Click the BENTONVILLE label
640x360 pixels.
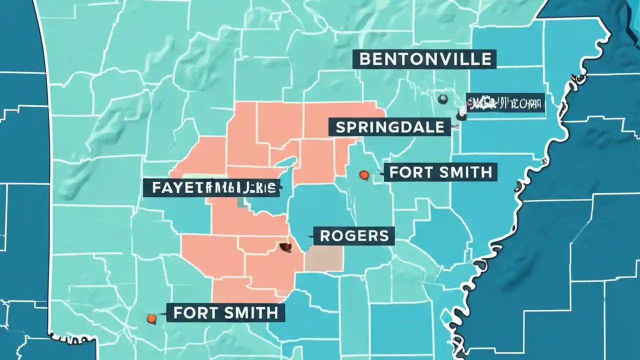425,59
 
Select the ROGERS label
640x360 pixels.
354,235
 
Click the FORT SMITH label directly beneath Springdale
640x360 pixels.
440,172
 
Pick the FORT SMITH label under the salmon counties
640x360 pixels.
225,313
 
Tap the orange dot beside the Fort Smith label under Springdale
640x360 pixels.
364,174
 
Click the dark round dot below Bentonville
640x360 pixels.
442,99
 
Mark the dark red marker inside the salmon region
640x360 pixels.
285,246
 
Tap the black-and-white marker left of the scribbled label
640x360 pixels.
461,116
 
